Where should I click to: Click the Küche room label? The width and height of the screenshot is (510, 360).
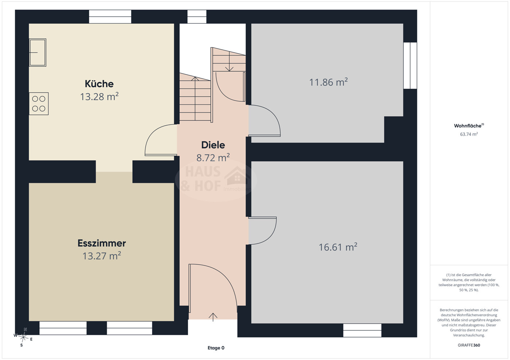point(99,84)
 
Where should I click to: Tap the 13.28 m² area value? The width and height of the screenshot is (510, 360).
point(99,97)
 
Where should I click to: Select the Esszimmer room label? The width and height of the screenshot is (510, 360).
point(102,243)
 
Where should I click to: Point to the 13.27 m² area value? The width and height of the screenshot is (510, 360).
point(102,256)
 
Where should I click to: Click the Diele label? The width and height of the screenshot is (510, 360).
point(213,145)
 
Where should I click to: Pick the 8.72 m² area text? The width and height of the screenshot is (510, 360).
point(213,157)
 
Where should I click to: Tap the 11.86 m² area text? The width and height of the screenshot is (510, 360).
point(328,82)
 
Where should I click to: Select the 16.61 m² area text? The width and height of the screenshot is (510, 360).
point(338,247)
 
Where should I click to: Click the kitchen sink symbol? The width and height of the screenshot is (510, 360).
point(38,52)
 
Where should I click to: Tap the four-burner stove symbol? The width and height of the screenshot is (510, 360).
point(39,103)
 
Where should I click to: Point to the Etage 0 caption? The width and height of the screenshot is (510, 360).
point(216,348)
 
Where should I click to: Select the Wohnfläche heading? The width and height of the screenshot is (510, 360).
point(469,126)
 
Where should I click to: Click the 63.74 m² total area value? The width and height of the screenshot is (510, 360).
point(469,134)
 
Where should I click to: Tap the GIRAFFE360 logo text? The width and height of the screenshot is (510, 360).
point(469,345)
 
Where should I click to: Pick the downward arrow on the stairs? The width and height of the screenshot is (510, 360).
point(229,62)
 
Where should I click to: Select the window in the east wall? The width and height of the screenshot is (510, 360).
point(410,66)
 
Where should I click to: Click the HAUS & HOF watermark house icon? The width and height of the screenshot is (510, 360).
point(237,176)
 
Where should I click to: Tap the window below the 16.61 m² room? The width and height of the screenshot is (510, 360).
point(362,330)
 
